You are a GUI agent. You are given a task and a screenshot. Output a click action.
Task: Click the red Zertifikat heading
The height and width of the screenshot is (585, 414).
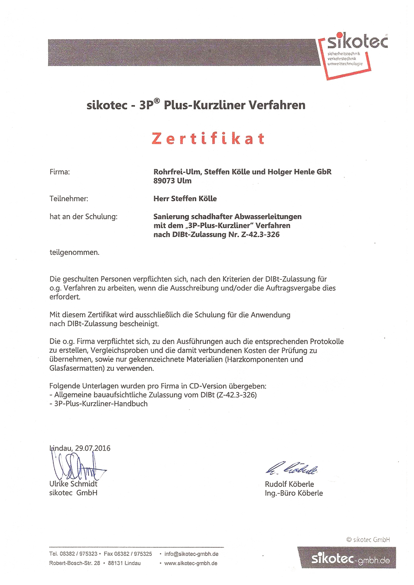[208, 139]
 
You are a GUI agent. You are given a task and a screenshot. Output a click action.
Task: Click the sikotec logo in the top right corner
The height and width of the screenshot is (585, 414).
[352, 54]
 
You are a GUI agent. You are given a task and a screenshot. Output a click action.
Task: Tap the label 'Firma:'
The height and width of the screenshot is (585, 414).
[60, 172]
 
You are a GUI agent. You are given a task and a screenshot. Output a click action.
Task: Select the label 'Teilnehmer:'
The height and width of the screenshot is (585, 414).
[69, 199]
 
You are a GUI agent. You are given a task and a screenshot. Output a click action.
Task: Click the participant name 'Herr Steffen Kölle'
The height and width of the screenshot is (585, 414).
[185, 199]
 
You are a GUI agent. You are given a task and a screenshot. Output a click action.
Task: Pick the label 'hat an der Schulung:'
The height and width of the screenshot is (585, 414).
[83, 217]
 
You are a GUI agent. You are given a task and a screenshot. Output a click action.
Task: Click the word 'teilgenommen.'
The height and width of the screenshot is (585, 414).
[74, 252]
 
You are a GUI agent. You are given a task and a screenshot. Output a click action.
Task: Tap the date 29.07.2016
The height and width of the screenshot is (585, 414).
[93, 448]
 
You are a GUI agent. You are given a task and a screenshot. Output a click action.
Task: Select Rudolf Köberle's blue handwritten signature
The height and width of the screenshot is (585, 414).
[292, 468]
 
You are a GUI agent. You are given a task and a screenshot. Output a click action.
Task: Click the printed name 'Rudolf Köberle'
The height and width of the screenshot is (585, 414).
[289, 484]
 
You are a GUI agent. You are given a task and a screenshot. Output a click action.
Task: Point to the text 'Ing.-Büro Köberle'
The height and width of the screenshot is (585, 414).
[294, 493]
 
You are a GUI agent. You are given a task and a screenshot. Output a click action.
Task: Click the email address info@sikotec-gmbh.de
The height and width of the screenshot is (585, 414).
[191, 554]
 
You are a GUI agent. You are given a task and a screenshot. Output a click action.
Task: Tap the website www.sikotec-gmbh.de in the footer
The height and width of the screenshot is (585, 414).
[191, 563]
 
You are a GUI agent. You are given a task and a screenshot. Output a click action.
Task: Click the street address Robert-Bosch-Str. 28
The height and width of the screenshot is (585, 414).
[75, 563]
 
